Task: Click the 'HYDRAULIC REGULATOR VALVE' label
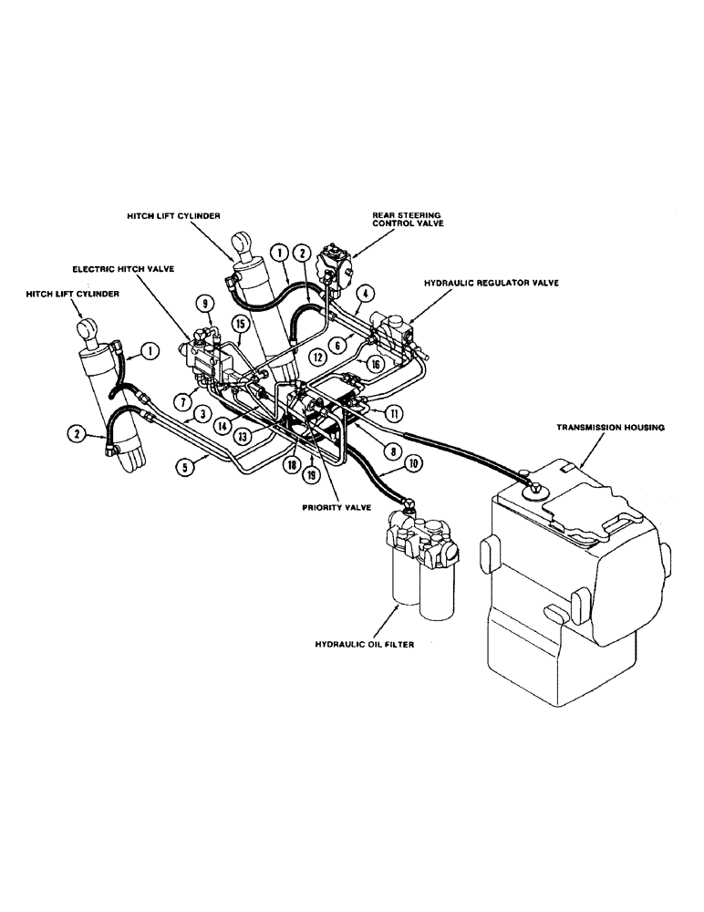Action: click(x=491, y=284)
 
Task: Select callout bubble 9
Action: click(x=205, y=303)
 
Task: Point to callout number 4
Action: click(x=366, y=294)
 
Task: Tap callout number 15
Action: click(x=240, y=323)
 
